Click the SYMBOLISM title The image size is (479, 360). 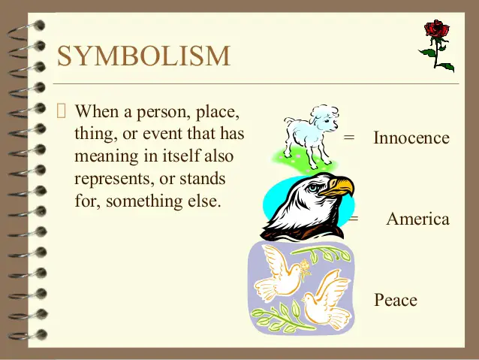[143, 56]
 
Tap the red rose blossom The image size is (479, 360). [436, 29]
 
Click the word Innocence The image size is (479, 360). [411, 138]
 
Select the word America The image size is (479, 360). [418, 219]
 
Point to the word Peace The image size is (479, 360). [396, 300]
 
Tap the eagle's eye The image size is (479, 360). [313, 187]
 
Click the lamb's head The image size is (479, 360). [325, 118]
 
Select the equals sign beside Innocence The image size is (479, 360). [349, 138]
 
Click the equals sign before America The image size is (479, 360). [354, 219]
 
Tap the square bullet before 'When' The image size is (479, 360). [61, 110]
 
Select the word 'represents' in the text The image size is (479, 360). [115, 179]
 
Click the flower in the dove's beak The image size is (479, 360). [305, 267]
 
